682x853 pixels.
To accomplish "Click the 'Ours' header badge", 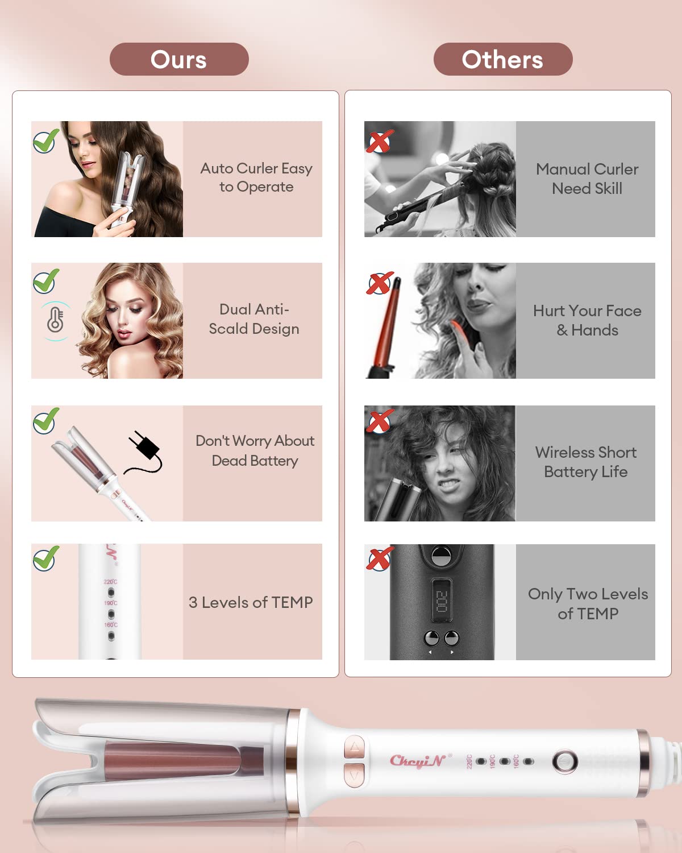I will coord(179,59).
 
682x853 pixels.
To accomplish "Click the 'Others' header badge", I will coord(502,59).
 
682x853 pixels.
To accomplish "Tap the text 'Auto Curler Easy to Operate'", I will coord(256,177).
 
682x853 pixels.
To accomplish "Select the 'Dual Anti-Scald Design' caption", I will coord(254,319).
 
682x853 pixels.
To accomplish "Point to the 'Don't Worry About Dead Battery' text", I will coord(255,450).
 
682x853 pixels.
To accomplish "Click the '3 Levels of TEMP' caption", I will coord(251,602).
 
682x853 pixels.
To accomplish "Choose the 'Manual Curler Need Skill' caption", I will coord(587,179).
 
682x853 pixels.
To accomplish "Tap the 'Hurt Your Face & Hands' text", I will coord(587,320).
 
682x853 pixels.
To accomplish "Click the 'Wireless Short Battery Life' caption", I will coord(586,462).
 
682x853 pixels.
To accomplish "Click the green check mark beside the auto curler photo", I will coord(45,140).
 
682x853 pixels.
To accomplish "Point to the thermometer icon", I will coord(56,320).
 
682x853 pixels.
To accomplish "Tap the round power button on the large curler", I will coord(565,762).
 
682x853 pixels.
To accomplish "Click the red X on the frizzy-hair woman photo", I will coord(379,421).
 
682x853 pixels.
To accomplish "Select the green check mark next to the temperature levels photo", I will coord(45,558).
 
